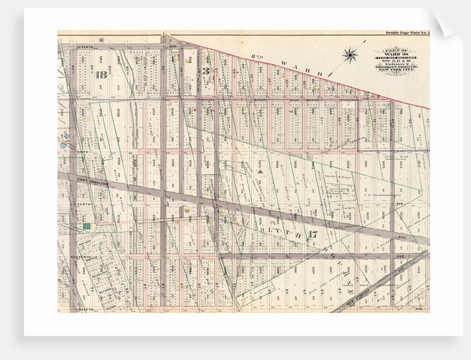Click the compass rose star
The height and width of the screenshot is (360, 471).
coord(350,54)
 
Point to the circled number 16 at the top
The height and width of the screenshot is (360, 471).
coord(102,39)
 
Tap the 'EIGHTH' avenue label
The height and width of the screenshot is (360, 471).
coord(83,99)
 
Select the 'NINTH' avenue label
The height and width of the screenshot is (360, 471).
coord(83,151)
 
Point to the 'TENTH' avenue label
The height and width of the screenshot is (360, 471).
coord(84,204)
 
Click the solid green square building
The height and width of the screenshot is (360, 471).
coord(86,226)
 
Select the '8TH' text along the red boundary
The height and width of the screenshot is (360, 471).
coord(255,55)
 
